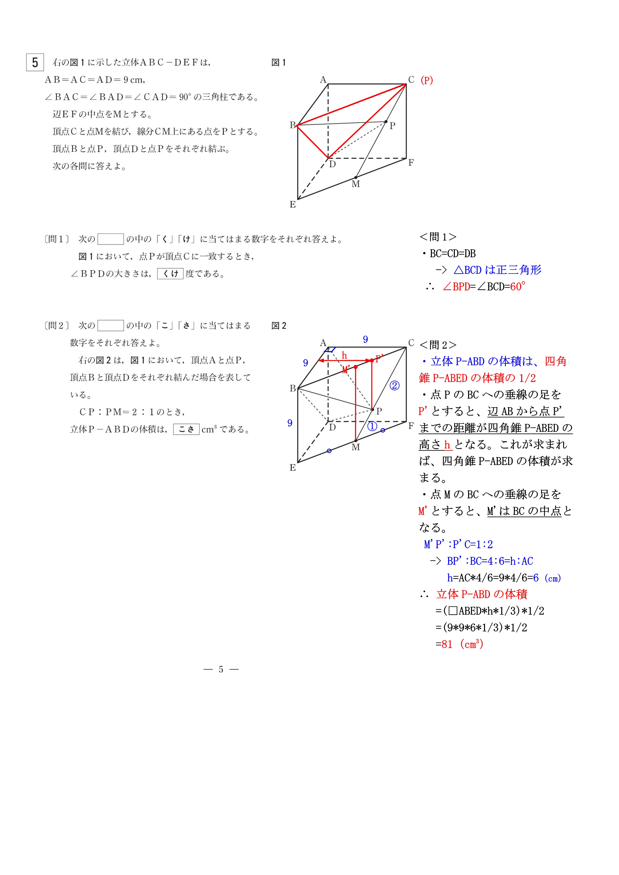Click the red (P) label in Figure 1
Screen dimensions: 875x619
click(x=427, y=80)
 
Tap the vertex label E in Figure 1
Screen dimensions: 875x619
click(x=292, y=205)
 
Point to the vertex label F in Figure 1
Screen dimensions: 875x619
click(x=411, y=163)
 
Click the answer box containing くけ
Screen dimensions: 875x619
click(x=170, y=274)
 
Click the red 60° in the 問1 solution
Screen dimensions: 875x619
click(x=517, y=287)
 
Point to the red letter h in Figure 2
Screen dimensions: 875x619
click(x=344, y=356)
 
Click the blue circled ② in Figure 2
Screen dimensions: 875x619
click(x=394, y=386)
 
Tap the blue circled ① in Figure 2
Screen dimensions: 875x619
click(x=372, y=427)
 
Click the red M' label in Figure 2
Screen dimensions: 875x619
click(x=346, y=370)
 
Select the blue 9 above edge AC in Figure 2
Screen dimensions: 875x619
click(x=365, y=339)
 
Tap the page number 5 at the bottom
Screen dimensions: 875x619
click(x=221, y=669)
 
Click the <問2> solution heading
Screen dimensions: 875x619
click(x=438, y=345)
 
